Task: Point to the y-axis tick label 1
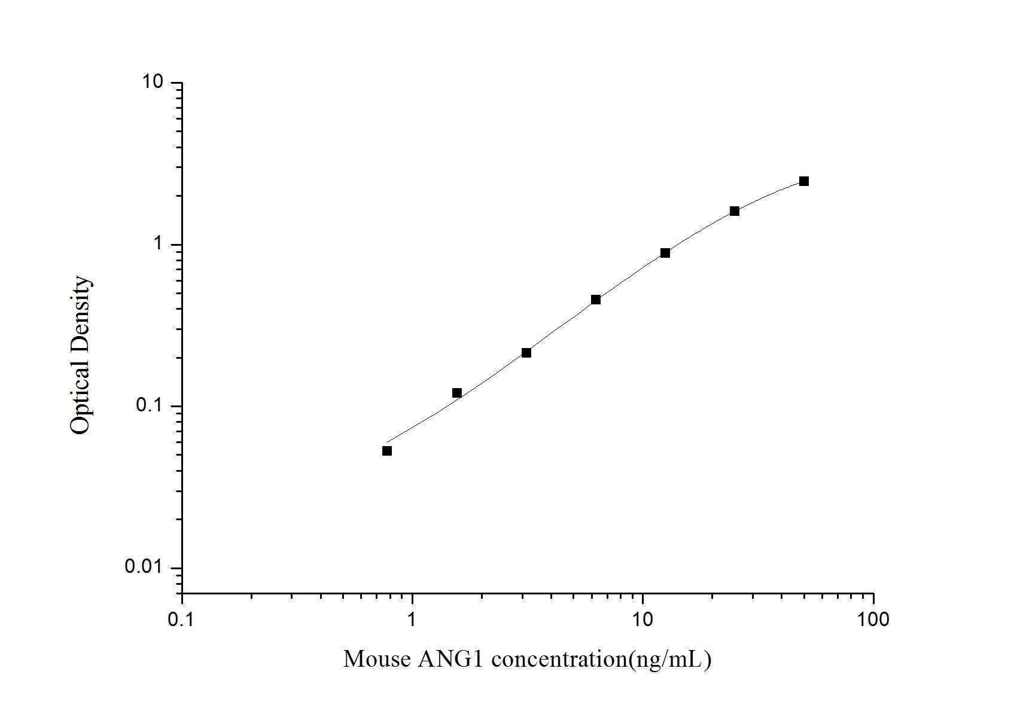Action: (159, 244)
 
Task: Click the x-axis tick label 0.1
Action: (182, 620)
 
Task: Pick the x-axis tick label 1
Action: (412, 620)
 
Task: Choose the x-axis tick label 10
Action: (642, 620)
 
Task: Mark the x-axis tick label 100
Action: (873, 620)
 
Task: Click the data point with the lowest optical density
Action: (387, 451)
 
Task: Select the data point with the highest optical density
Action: (804, 181)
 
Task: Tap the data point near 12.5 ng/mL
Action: (665, 253)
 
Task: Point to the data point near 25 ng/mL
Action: (735, 211)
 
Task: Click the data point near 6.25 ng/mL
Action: (596, 300)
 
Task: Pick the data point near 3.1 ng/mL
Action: (526, 353)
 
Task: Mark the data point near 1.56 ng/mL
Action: (457, 393)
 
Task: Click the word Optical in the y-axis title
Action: (81, 398)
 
